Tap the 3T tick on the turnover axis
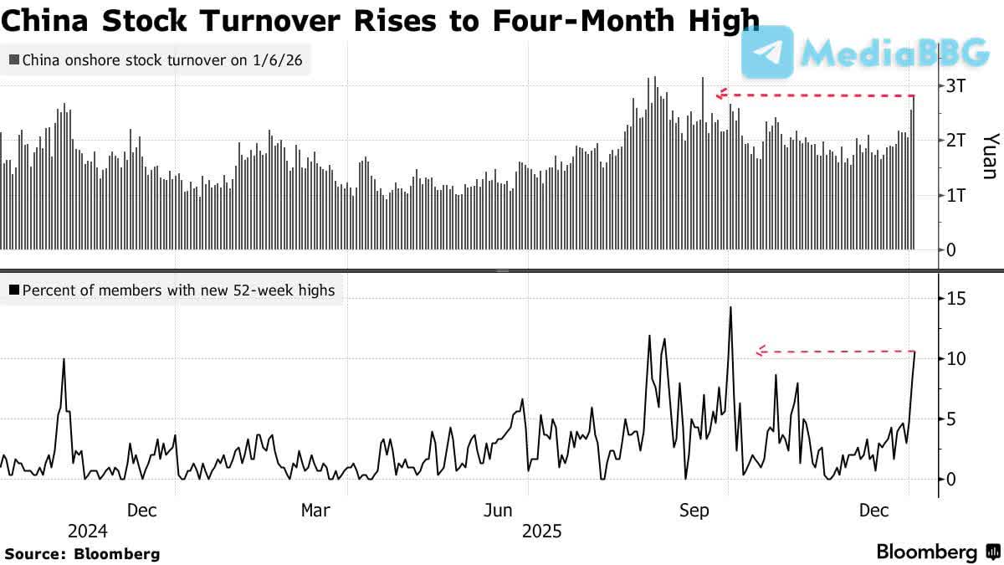click(956, 85)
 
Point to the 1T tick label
click(956, 195)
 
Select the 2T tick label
click(956, 140)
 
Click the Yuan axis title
click(990, 156)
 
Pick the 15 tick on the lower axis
click(956, 299)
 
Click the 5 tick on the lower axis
click(952, 419)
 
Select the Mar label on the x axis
click(315, 511)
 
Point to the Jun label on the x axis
click(499, 511)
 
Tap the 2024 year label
click(87, 532)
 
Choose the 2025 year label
click(542, 532)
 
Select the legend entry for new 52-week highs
click(171, 290)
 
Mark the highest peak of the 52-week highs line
click(730, 307)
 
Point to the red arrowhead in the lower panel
click(761, 352)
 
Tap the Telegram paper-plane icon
click(767, 52)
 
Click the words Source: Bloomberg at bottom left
click(82, 553)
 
